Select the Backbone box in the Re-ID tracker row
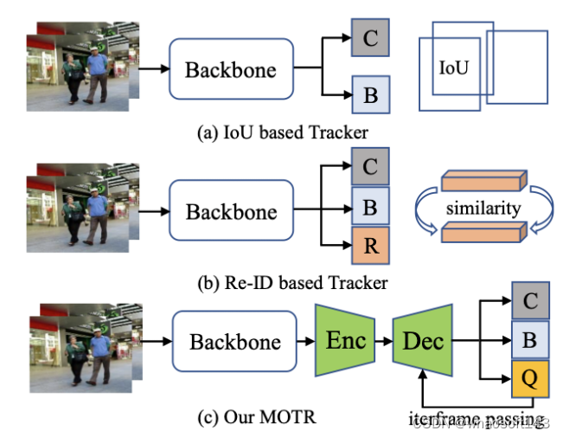point(232,212)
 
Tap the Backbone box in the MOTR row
point(235,341)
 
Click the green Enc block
point(345,340)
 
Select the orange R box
point(370,245)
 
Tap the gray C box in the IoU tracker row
point(370,38)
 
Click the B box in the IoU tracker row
point(370,95)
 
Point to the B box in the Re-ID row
point(370,207)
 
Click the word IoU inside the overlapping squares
point(454,67)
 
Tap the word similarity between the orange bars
point(483,208)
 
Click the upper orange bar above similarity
point(482,180)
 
